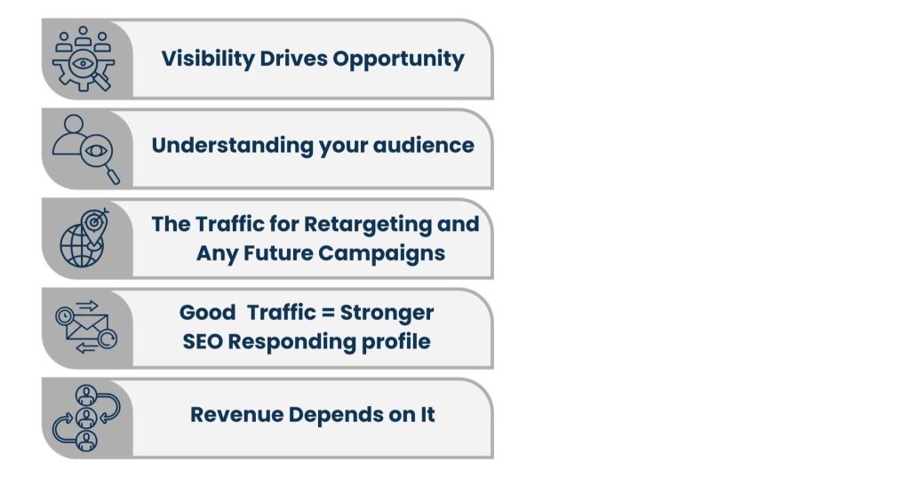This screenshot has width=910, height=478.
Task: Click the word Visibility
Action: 208,60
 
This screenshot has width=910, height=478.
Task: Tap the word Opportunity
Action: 398,60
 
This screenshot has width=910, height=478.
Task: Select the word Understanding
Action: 233,146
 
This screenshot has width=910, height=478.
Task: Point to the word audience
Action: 423,145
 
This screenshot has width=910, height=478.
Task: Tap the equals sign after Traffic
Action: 328,313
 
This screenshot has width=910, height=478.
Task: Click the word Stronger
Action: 387,314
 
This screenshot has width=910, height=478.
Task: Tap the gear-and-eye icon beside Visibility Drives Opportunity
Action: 83,58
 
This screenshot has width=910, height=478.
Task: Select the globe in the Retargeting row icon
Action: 81,246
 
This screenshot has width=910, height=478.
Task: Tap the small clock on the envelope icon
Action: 64,316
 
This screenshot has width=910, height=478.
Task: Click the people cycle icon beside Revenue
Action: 86,418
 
